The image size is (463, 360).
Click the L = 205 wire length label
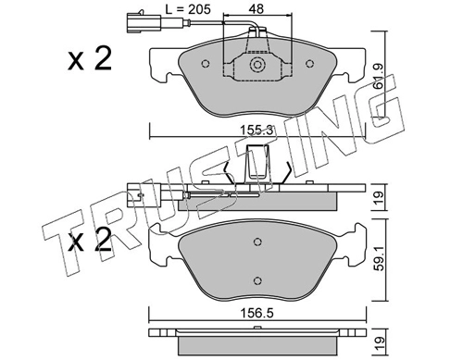(x=188, y=9)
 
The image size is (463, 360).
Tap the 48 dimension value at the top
(x=257, y=9)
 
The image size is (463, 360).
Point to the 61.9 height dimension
(x=378, y=77)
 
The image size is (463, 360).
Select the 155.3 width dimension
(x=257, y=130)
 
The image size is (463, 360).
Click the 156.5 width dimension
(x=257, y=314)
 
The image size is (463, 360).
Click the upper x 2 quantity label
(x=90, y=59)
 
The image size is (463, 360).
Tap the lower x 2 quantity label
(x=90, y=239)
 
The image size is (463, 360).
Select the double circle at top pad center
(x=257, y=65)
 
